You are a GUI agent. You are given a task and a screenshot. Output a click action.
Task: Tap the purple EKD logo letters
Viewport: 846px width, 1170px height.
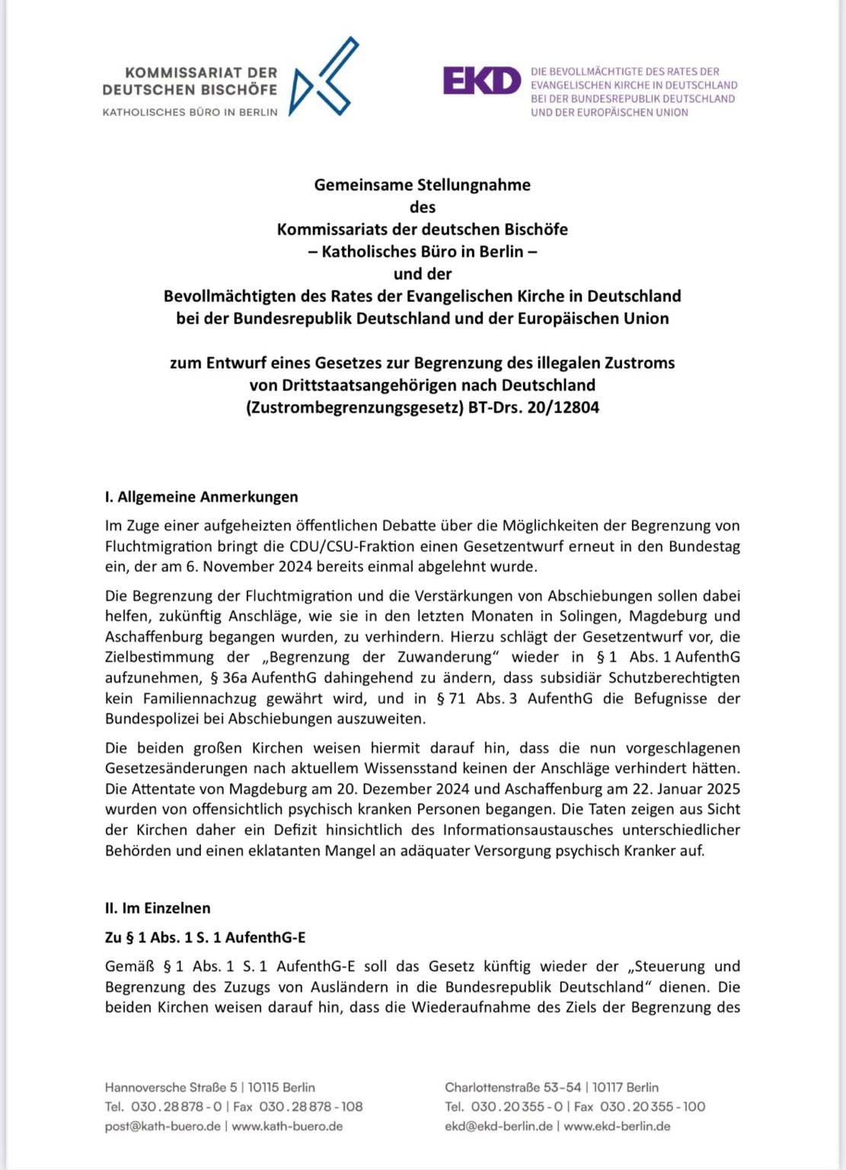click(481, 81)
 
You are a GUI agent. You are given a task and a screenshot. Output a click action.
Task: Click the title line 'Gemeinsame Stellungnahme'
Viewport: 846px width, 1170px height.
click(422, 184)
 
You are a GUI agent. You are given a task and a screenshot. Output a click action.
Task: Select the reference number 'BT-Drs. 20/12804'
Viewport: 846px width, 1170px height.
click(533, 408)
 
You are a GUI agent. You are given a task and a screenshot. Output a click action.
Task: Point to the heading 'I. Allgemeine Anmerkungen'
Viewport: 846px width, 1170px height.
click(201, 497)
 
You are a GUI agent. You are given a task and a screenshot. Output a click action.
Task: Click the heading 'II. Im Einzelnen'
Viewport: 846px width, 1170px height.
click(158, 908)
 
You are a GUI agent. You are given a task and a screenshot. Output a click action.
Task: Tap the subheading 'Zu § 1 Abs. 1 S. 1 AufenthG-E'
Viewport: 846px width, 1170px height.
click(205, 938)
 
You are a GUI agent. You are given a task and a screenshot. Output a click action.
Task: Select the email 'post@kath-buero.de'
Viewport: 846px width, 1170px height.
click(162, 1126)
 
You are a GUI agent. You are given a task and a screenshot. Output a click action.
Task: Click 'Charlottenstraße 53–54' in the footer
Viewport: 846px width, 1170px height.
click(513, 1087)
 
